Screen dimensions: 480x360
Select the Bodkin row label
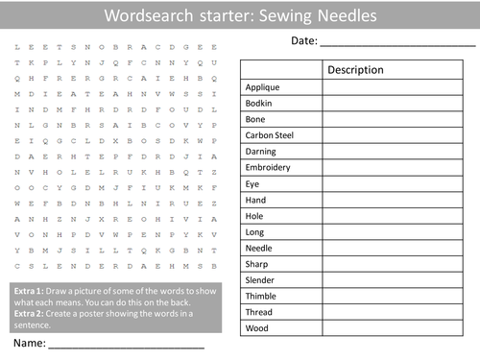pos(259,103)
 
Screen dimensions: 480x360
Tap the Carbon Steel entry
pos(269,135)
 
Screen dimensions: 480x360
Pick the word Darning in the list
pos(261,151)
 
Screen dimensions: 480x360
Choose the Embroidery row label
pos(270,167)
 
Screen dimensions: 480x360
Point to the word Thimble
pos(261,296)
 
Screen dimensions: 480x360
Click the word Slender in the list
pos(260,279)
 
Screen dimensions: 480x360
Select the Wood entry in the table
pos(256,328)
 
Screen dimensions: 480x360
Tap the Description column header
pos(355,70)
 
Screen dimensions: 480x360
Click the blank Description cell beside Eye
pos(396,183)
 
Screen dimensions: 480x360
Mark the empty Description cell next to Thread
pos(396,312)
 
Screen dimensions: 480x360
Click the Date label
pos(302,41)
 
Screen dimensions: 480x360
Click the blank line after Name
pos(125,345)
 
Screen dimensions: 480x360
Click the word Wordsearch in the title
pos(144,16)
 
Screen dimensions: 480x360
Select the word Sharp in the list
pos(257,264)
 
